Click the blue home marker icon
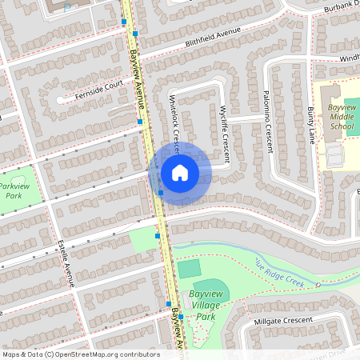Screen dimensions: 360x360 180,173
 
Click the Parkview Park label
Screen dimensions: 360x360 13,191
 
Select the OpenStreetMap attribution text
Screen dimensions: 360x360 81,354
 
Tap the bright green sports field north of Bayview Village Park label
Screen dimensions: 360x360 189,269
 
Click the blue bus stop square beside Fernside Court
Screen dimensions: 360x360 139,122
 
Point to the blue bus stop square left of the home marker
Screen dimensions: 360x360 161,192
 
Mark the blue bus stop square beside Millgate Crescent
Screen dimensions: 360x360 181,317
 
